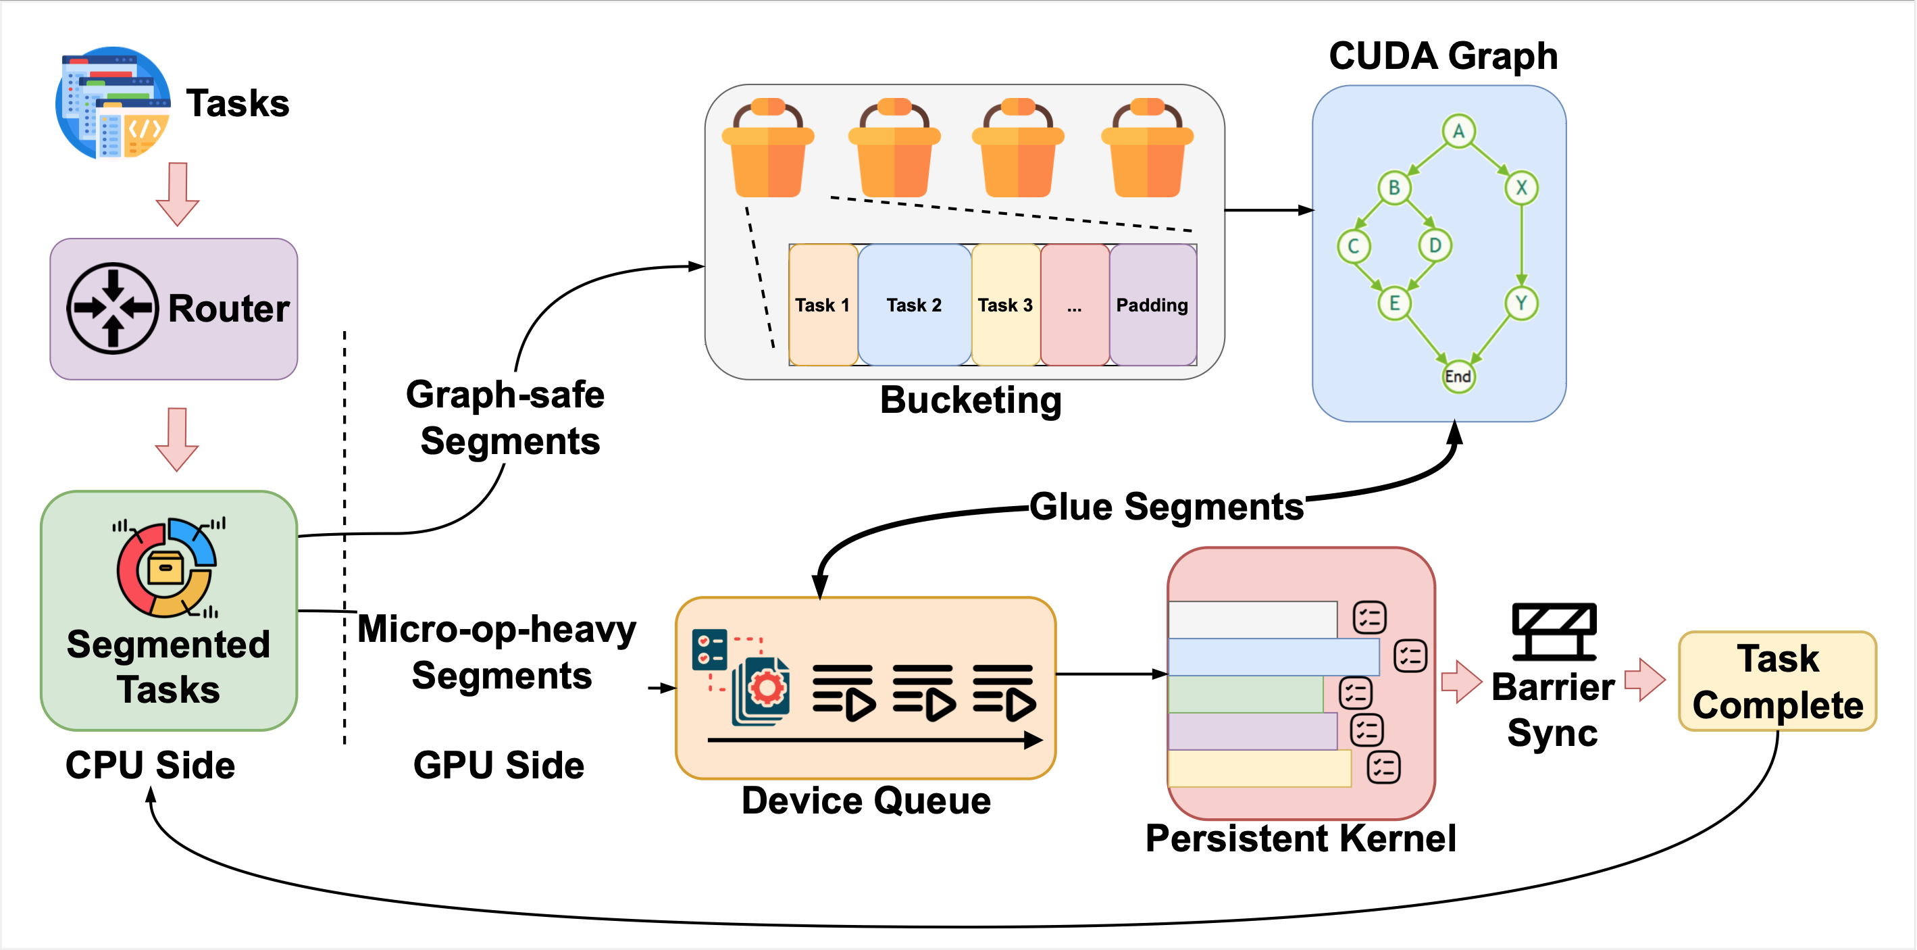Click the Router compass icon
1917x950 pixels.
coord(112,308)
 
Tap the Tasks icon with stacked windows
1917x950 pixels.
coord(113,103)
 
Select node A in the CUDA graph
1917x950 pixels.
coord(1458,132)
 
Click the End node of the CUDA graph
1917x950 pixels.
coord(1457,376)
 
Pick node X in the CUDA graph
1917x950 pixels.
coord(1521,188)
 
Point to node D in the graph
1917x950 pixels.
coord(1434,245)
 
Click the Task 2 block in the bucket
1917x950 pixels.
coord(914,305)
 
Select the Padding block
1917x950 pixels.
coord(1152,305)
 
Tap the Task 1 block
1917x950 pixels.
coord(822,305)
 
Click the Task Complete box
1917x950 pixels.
coord(1777,681)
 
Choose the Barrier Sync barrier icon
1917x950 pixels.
coord(1554,631)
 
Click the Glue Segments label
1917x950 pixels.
coord(1166,507)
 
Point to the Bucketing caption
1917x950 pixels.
coord(971,400)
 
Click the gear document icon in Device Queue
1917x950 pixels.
coord(762,689)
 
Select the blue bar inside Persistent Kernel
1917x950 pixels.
coord(1273,657)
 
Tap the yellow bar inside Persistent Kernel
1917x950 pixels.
coord(1259,768)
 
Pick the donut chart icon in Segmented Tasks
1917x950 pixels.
coord(166,568)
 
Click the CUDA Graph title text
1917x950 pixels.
coord(1443,56)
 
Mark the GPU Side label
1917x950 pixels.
coord(499,766)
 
